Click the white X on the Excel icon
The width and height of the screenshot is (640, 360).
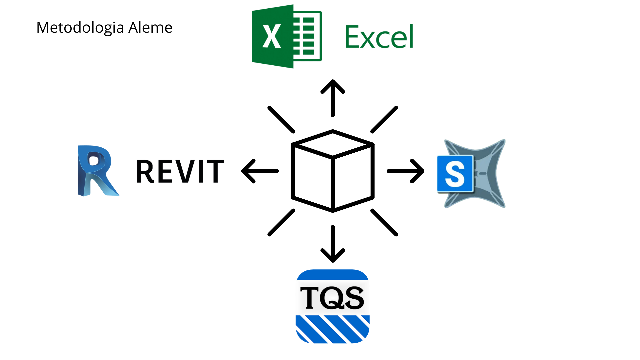point(272,36)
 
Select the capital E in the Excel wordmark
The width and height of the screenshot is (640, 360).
point(352,37)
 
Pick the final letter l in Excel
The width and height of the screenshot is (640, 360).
point(411,36)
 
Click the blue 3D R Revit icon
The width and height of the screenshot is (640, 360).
point(97,171)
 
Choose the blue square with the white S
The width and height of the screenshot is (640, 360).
point(455,174)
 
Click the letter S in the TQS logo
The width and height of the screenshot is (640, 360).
point(354,297)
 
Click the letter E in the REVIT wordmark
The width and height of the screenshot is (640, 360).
point(162,171)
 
